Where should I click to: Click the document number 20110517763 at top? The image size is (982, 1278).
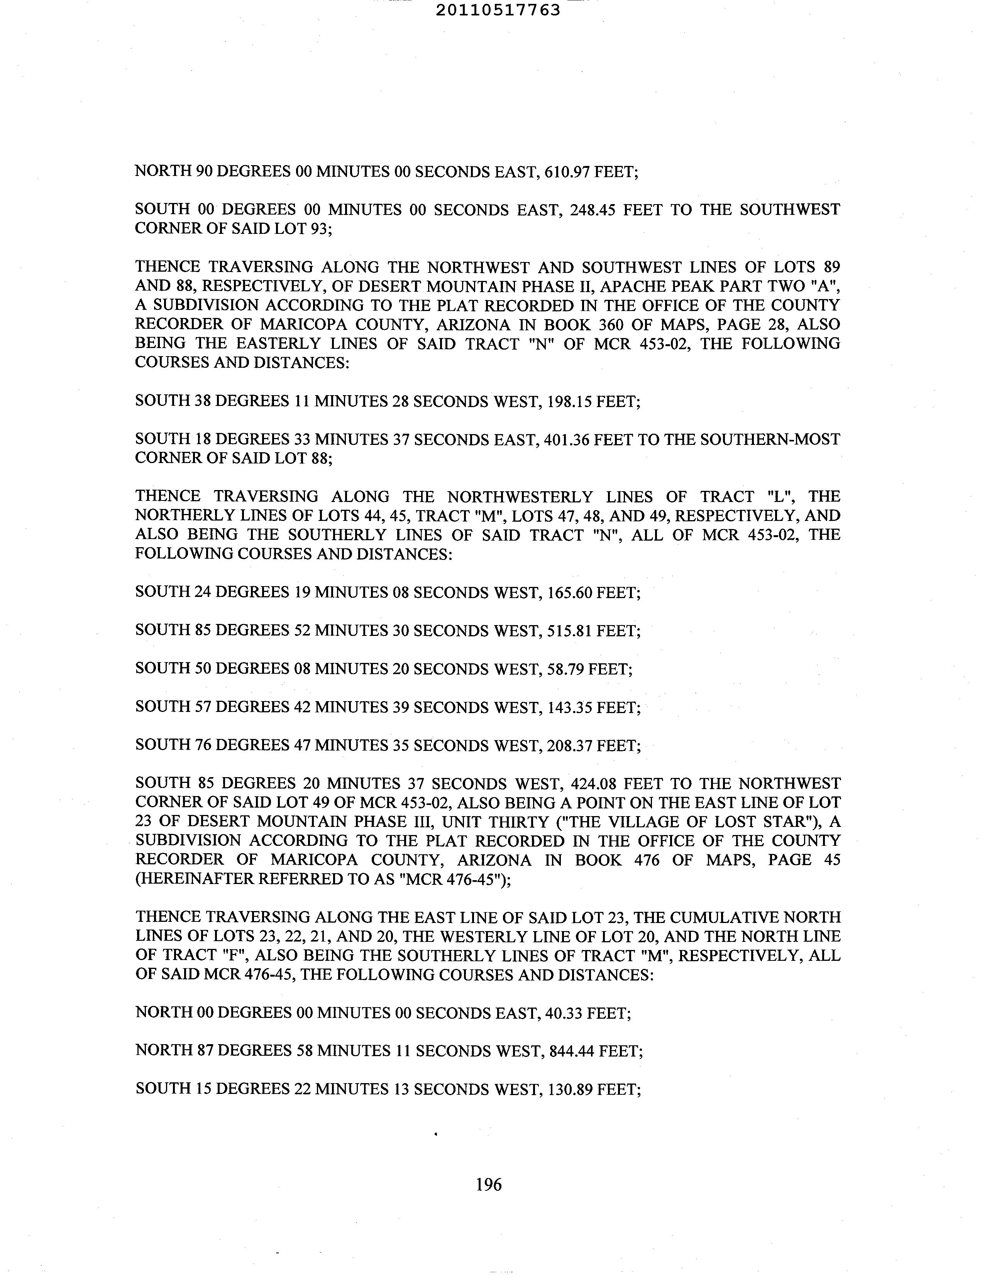(498, 10)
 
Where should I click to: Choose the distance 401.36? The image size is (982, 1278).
(566, 439)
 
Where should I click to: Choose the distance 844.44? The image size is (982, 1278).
(571, 1051)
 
